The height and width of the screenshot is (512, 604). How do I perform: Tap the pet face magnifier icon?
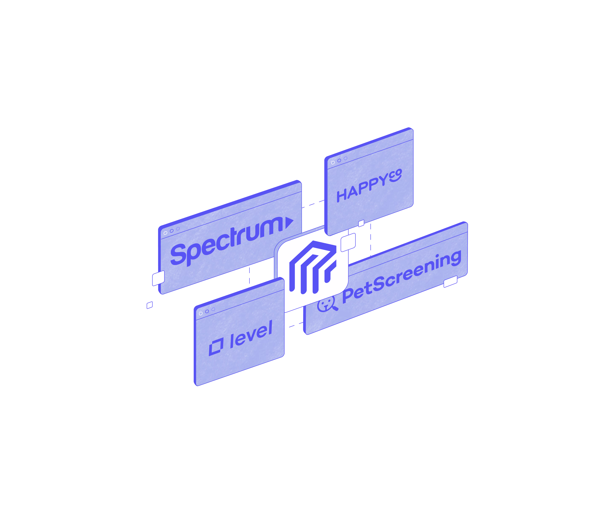click(x=327, y=305)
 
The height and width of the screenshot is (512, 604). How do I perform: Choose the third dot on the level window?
click(x=213, y=309)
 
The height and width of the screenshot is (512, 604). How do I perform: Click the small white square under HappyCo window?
click(x=361, y=223)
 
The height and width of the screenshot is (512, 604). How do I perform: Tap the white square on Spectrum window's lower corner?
click(x=158, y=278)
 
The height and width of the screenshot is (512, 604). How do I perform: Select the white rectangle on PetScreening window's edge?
click(x=450, y=281)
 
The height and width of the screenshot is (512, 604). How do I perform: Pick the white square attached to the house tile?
click(x=348, y=242)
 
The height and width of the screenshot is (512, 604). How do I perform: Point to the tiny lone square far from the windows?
click(x=150, y=305)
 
